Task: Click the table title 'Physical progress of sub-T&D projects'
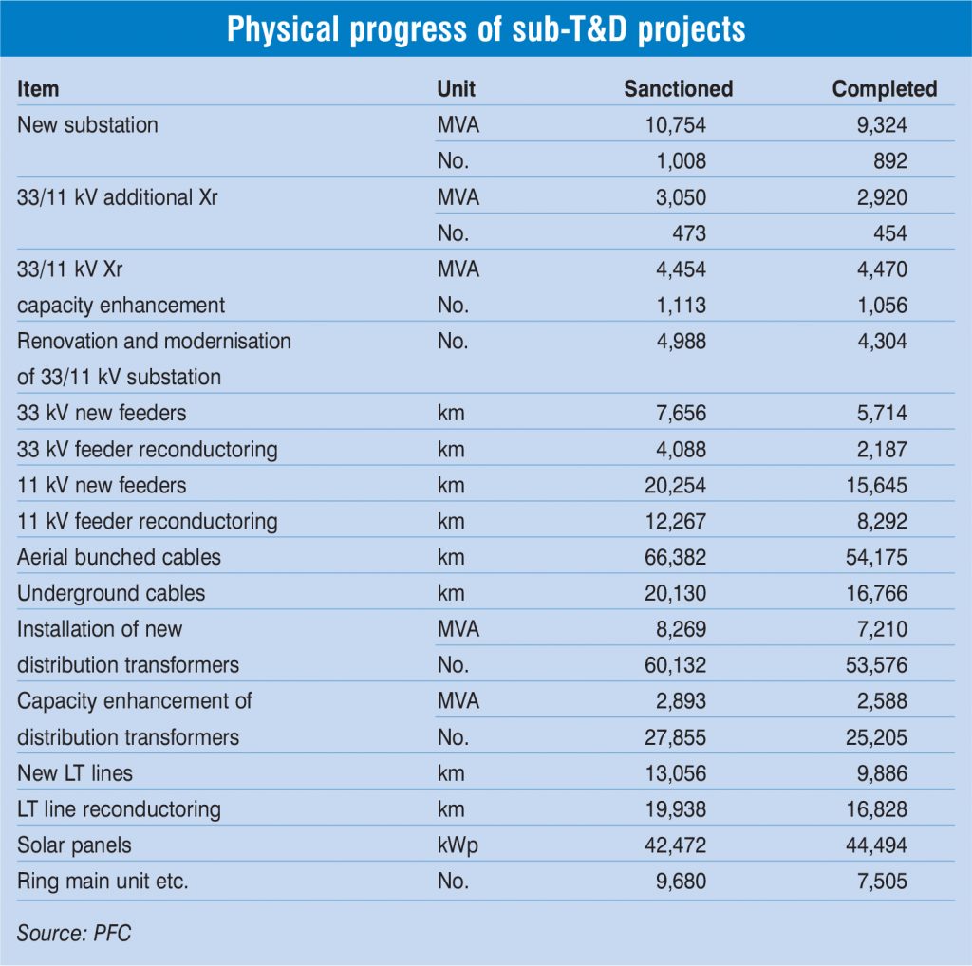[x=486, y=28]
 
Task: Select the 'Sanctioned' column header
[x=678, y=89]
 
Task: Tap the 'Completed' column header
[x=884, y=89]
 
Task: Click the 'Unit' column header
[x=456, y=89]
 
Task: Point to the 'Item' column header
[x=38, y=89]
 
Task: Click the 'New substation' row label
[x=87, y=125]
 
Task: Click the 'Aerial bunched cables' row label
[x=119, y=557]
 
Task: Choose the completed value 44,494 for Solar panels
[x=874, y=845]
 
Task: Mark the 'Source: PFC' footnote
[x=73, y=933]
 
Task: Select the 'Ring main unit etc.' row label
[x=103, y=882]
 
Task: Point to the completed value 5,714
[x=879, y=413]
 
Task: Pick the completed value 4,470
[x=879, y=269]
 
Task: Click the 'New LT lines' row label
[x=75, y=773]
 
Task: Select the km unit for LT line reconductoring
[x=451, y=809]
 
